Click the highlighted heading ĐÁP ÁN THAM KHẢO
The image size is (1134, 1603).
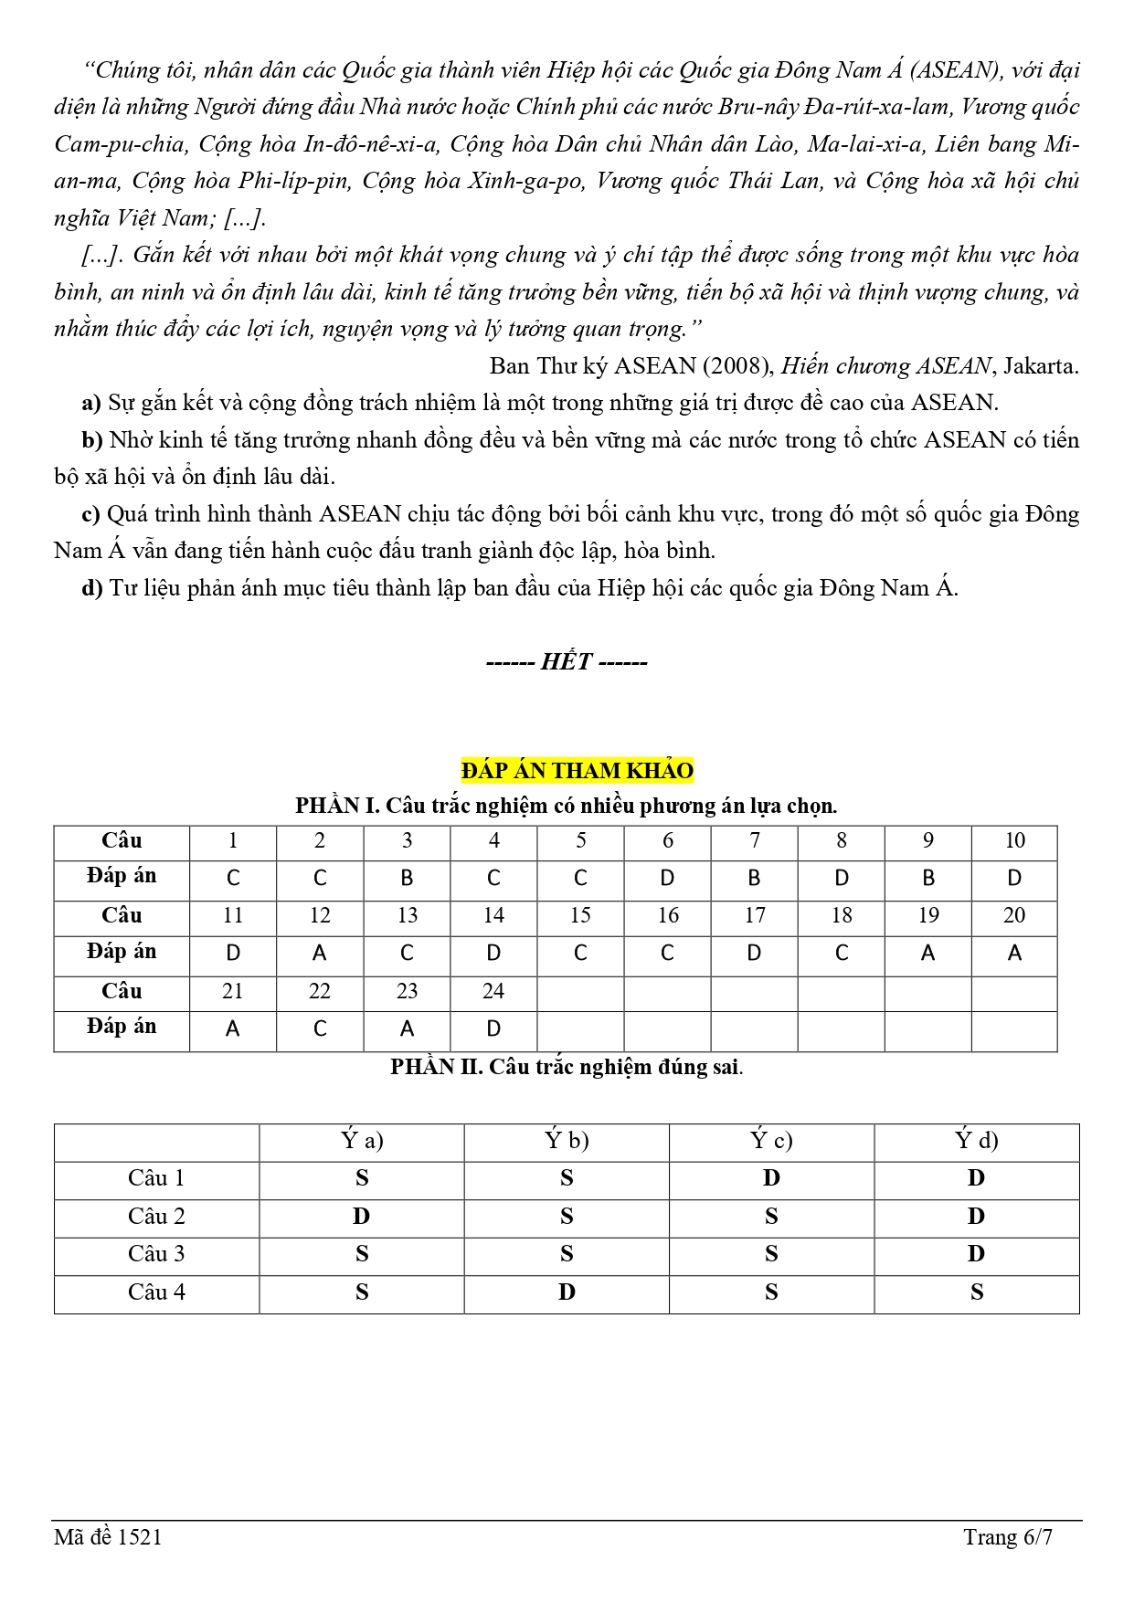(577, 770)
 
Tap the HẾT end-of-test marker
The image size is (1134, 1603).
(567, 661)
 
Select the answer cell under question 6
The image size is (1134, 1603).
(667, 879)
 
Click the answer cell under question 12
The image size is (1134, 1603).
(319, 954)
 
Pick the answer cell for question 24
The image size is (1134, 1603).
(493, 1029)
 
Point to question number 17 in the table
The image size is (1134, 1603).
(754, 915)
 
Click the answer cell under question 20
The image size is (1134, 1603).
(1014, 954)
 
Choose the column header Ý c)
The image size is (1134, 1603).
(771, 1141)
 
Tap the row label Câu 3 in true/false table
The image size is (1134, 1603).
(156, 1254)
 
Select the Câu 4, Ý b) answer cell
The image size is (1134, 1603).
(567, 1292)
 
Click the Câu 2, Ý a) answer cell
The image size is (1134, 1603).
(362, 1217)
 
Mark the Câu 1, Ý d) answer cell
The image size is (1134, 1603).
(976, 1178)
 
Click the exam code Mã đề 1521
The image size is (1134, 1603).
(108, 1537)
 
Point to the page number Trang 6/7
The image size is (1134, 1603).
(1007, 1537)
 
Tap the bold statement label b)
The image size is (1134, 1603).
(92, 440)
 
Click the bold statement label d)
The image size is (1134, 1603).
(92, 588)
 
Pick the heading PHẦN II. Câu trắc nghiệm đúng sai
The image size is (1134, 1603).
(567, 1067)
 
